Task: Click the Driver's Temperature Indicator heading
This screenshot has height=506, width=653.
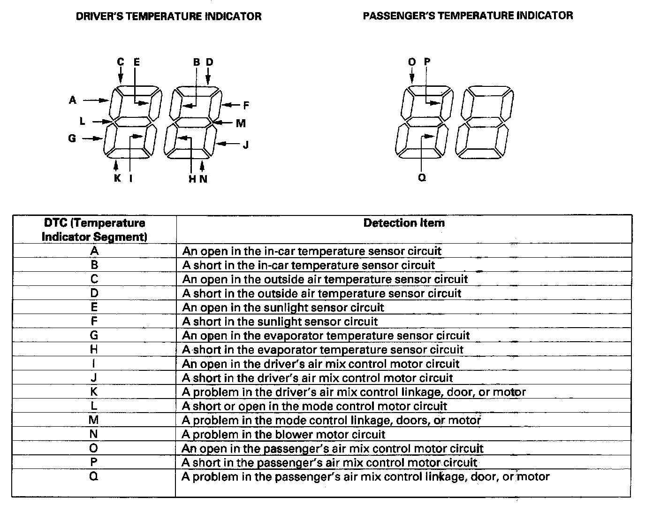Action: (168, 16)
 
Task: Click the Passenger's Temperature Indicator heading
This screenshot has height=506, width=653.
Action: (468, 15)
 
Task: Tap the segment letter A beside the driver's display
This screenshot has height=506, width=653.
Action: (73, 100)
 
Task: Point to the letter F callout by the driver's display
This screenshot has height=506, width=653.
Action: (246, 105)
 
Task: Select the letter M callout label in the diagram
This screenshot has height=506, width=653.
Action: (241, 123)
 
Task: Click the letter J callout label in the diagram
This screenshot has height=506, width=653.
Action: (245, 145)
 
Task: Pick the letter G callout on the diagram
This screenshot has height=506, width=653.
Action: (72, 138)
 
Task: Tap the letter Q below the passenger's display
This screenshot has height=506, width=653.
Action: (422, 178)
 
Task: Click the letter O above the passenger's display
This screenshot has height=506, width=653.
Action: (412, 62)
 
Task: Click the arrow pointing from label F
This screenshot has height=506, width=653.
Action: (231, 105)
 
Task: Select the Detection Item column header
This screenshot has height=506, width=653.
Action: (404, 223)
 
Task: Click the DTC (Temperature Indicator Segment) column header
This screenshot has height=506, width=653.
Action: (94, 230)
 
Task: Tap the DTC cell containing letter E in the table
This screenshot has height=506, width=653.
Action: (94, 307)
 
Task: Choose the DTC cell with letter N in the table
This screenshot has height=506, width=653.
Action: (94, 434)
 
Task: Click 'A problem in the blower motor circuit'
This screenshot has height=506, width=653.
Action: (283, 435)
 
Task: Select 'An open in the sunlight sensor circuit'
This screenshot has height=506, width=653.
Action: (283, 308)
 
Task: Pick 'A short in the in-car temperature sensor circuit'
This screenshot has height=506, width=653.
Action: (309, 266)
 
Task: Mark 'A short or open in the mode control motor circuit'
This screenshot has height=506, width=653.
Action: (314, 406)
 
